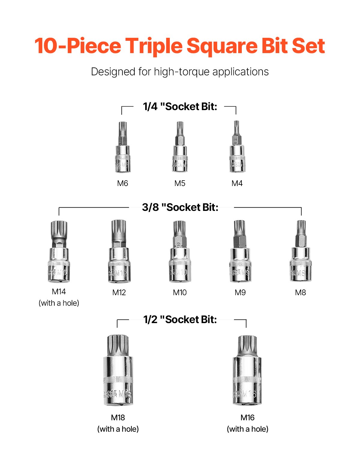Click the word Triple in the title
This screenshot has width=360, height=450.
tap(154, 46)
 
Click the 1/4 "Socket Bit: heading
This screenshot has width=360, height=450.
tap(180, 106)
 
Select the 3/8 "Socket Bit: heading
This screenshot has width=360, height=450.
tap(180, 207)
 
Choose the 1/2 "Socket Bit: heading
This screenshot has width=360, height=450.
tap(180, 319)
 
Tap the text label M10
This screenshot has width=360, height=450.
tap(180, 292)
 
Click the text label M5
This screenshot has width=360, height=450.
tap(180, 183)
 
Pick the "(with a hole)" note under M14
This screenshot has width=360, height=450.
tap(59, 303)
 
